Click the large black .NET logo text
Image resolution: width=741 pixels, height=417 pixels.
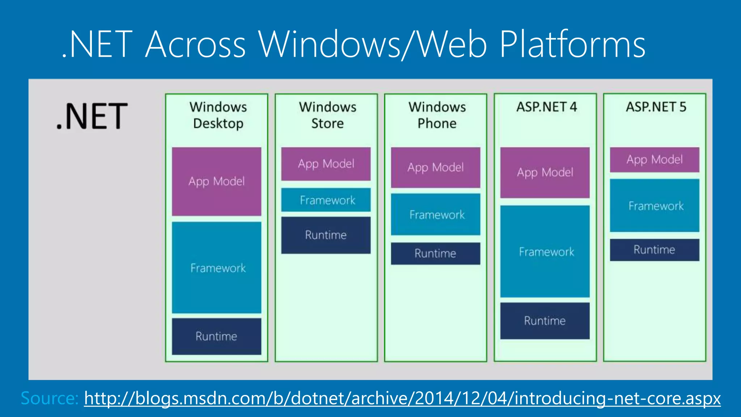click(92, 116)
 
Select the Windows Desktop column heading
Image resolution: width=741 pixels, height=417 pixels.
click(218, 115)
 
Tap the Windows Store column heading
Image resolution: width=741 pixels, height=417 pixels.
click(327, 115)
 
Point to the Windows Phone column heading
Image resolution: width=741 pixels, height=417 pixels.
click(437, 115)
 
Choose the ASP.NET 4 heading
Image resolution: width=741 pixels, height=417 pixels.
click(546, 107)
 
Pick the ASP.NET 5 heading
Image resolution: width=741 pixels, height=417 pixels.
click(656, 107)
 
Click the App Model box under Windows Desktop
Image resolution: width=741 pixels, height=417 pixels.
click(216, 181)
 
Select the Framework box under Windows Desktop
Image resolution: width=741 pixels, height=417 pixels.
click(216, 268)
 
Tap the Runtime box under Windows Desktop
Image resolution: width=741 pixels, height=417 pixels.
click(216, 336)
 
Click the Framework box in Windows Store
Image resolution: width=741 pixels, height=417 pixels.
click(326, 200)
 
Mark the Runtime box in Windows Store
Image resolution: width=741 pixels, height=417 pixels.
click(326, 235)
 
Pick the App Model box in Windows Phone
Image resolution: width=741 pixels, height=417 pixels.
click(436, 167)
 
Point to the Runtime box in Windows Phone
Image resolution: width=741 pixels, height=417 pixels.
click(436, 253)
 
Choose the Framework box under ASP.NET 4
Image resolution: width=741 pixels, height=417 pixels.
click(545, 252)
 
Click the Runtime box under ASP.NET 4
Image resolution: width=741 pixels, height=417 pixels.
click(545, 321)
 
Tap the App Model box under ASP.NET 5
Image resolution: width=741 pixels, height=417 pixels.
click(655, 160)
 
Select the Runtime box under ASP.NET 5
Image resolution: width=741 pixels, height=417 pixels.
click(655, 250)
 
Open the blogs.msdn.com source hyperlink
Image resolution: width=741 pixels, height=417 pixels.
click(402, 398)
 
